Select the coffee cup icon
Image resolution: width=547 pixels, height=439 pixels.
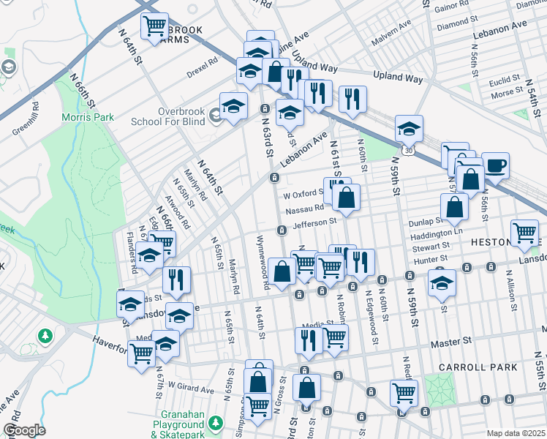click(x=495, y=165)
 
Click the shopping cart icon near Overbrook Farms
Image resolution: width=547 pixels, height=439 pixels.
click(x=155, y=26)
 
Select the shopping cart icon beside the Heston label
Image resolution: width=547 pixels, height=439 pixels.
click(x=524, y=232)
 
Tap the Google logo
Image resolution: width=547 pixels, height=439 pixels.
click(x=24, y=430)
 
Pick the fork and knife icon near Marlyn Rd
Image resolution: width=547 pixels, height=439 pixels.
click(x=176, y=279)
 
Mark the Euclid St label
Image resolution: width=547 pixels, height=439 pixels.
click(x=505, y=78)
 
